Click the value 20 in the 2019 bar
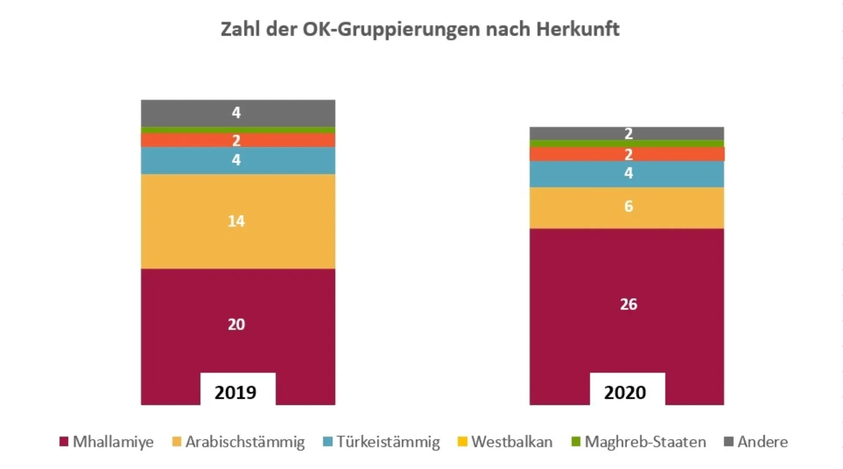coord(236,325)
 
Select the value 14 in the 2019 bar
coord(236,221)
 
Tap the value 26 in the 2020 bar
coord(628,304)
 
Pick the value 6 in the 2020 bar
coord(628,206)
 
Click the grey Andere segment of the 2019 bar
coord(272,113)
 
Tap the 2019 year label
coord(236,392)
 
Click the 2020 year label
coord(625,392)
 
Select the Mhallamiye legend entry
coord(107,442)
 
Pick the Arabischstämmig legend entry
coord(238,442)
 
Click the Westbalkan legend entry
coord(505,442)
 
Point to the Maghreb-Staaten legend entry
coord(639,442)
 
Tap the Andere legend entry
coord(756,442)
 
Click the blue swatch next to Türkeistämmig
coord(328,442)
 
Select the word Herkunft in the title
coord(577,29)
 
